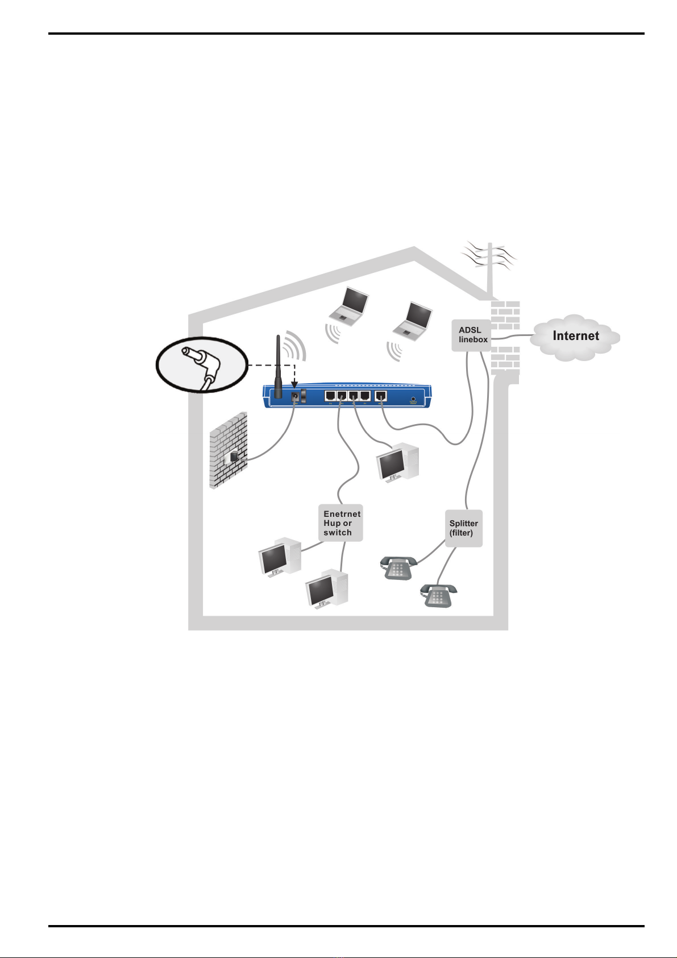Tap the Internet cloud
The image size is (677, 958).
(575, 337)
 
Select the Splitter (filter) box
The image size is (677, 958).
(464, 528)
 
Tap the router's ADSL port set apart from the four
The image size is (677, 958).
(381, 396)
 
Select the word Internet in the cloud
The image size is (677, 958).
(575, 336)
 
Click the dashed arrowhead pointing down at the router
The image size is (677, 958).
(294, 387)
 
